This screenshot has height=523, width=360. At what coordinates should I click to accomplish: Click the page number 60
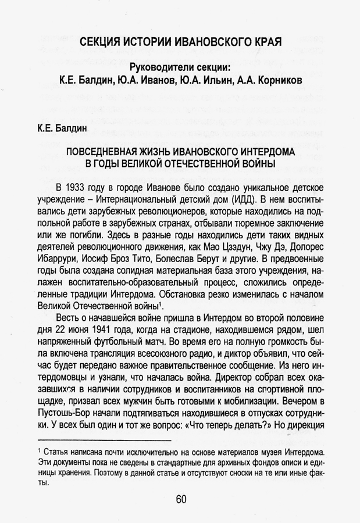(180, 499)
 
